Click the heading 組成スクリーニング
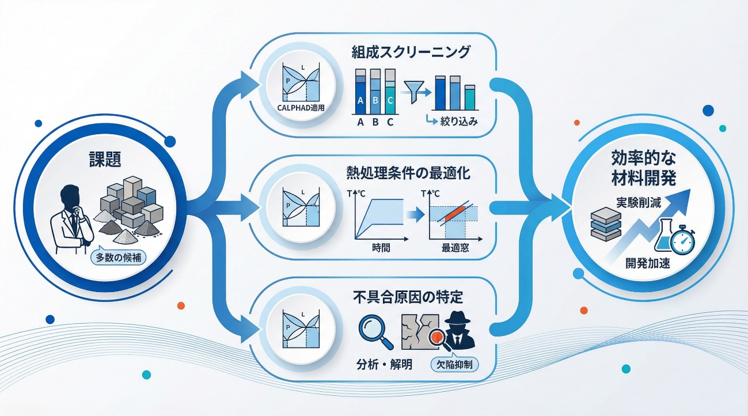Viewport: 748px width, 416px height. coord(411,52)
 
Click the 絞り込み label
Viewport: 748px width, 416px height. coord(460,122)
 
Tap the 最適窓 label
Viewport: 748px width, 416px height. coord(454,249)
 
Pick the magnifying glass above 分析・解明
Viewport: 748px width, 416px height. coord(374,332)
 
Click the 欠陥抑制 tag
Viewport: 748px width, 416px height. coord(454,364)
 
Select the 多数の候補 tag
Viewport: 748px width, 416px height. coord(118,258)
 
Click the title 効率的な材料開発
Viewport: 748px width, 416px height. coord(644,167)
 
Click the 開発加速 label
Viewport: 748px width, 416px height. coord(648,264)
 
